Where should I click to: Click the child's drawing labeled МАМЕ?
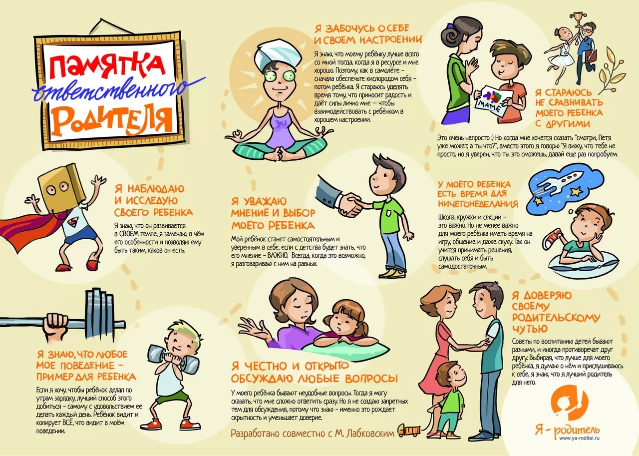click(x=490, y=102)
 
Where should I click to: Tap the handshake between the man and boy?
click(x=350, y=204)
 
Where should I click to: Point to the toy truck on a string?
click(x=409, y=431)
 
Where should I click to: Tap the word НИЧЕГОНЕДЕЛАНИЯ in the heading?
click(x=478, y=204)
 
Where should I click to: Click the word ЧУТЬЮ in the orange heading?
click(x=530, y=329)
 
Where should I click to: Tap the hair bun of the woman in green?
click(x=450, y=37)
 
